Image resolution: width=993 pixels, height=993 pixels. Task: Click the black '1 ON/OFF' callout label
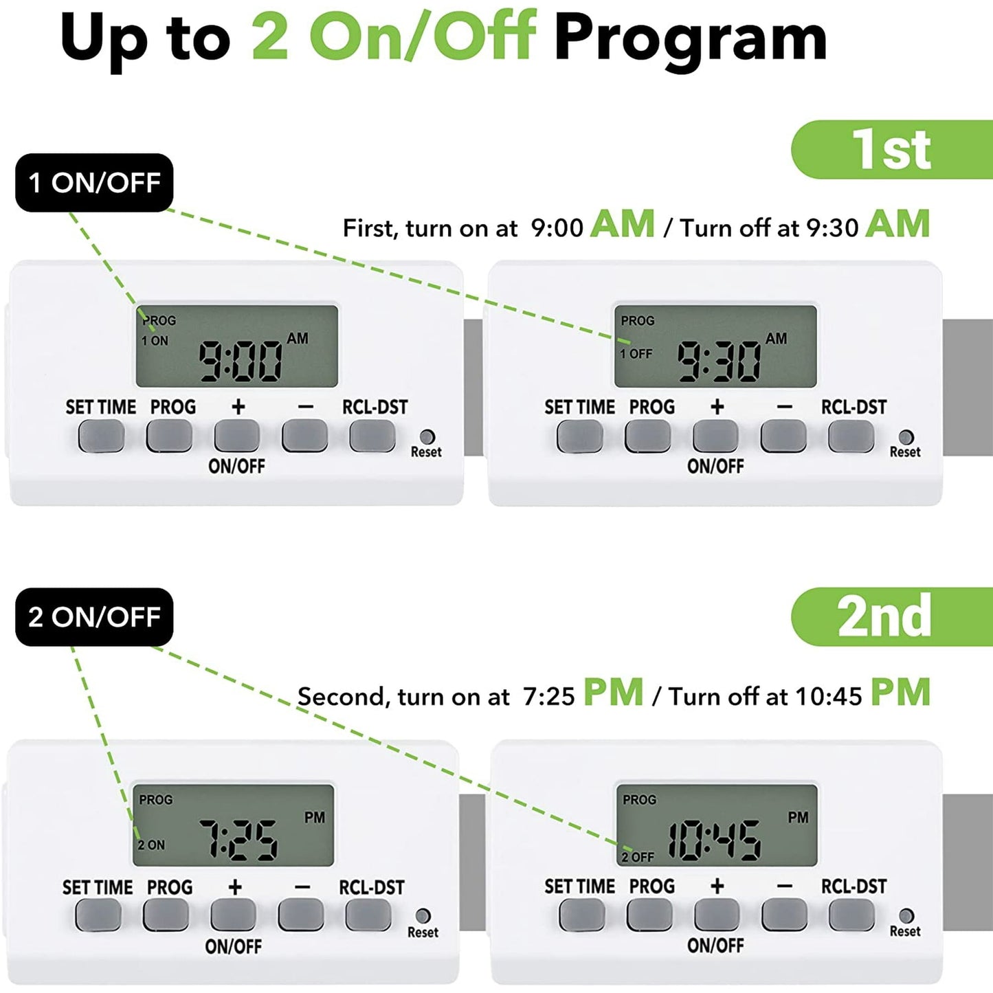click(x=94, y=182)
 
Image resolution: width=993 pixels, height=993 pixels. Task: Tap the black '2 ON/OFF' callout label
click(x=94, y=617)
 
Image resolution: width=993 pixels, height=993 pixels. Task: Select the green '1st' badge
click(x=892, y=149)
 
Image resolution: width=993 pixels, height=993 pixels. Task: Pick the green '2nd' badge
click(x=892, y=617)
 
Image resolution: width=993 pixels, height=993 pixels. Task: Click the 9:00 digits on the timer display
click(x=241, y=361)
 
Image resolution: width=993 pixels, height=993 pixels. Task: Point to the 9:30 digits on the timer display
click(x=719, y=361)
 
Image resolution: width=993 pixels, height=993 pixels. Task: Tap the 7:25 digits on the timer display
click(x=238, y=840)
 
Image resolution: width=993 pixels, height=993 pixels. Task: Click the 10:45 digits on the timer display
click(x=714, y=840)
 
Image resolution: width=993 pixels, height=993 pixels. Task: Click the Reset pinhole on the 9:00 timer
click(x=427, y=436)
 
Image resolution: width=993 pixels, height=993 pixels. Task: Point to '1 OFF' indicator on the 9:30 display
click(x=636, y=353)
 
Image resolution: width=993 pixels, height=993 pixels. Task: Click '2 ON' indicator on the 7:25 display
click(x=151, y=845)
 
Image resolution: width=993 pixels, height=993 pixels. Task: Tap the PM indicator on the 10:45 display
click(x=799, y=817)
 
